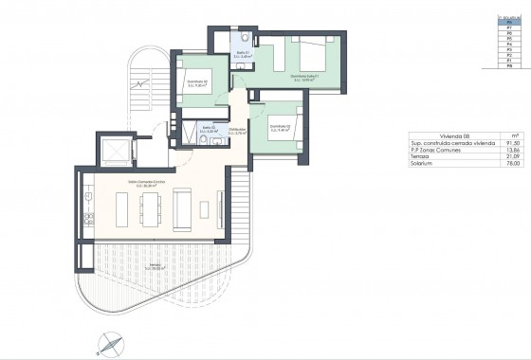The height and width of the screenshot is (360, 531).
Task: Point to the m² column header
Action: click(x=512, y=135)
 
